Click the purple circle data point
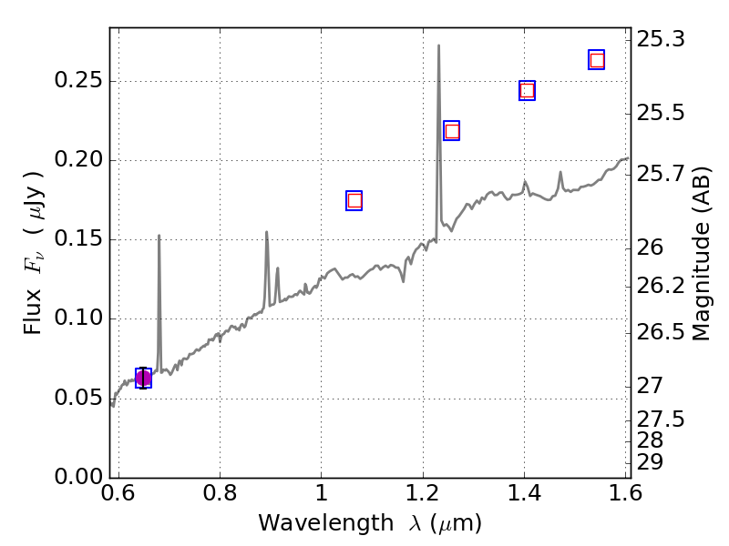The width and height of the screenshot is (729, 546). [x=143, y=379]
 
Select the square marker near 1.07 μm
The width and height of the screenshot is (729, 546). [x=354, y=200]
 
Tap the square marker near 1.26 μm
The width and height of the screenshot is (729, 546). [x=451, y=131]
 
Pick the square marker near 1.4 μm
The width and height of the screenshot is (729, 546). [x=527, y=90]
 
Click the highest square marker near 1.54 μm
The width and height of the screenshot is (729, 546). [x=597, y=60]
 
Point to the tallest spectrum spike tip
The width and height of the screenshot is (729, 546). [x=438, y=45]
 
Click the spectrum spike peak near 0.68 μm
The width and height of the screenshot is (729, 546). [x=159, y=236]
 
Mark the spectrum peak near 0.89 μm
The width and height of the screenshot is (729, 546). [x=267, y=232]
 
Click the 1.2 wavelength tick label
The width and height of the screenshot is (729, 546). [x=423, y=494]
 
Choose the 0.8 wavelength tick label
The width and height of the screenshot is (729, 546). [x=220, y=494]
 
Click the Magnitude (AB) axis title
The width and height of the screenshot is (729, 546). [x=702, y=253]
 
